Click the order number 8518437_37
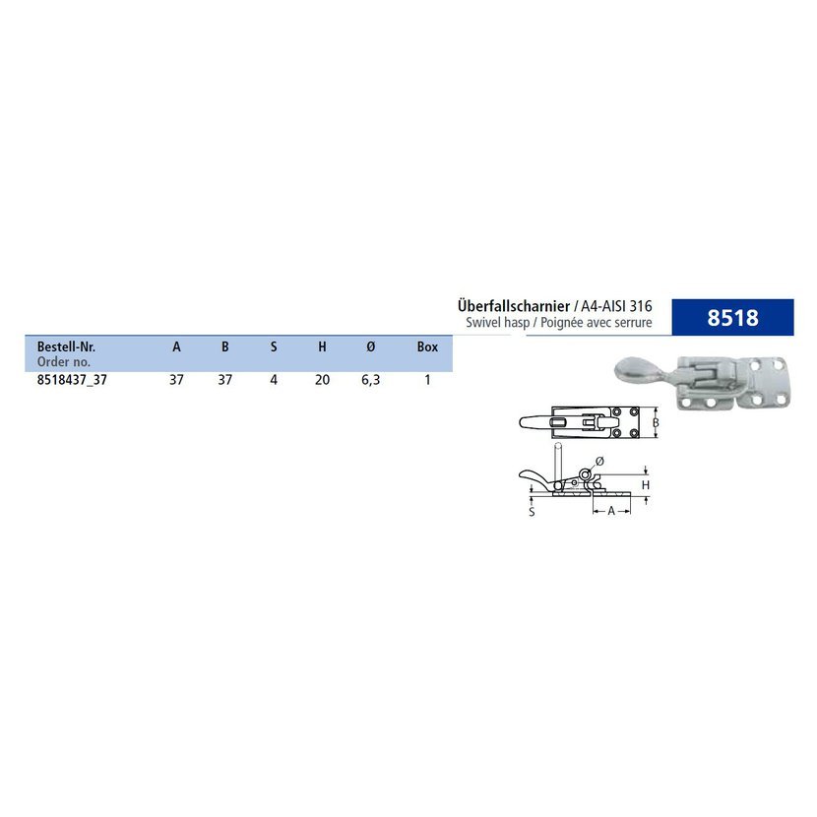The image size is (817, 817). click(72, 380)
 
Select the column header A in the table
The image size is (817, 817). click(176, 347)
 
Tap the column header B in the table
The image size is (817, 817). click(225, 347)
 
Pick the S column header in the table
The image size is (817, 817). click(274, 347)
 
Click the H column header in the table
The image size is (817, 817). click(322, 347)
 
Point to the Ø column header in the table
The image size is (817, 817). click(370, 347)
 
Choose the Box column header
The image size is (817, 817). click(427, 347)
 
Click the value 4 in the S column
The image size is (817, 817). click(274, 380)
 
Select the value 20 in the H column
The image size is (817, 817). click(322, 380)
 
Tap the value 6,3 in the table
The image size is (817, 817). click(370, 380)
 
